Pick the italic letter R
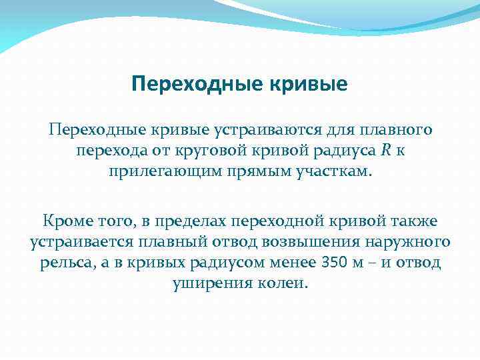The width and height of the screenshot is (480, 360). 386,151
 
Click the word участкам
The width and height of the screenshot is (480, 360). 336,173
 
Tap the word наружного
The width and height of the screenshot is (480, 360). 409,241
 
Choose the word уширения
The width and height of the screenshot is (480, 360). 206,284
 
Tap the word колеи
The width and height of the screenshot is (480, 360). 284,284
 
